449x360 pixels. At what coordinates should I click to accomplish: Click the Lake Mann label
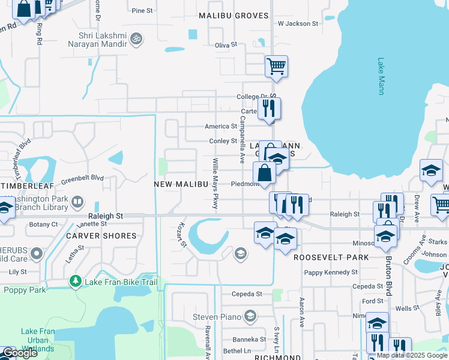tap(381, 76)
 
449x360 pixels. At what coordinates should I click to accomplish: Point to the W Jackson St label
tap(298, 23)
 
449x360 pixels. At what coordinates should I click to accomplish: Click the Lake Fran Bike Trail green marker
tap(76, 280)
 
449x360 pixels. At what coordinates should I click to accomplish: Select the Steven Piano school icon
tap(250, 316)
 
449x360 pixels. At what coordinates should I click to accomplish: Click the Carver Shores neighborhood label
tap(101, 236)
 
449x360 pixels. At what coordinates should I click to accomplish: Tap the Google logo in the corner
tap(20, 353)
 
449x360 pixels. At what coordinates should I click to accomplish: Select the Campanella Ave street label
tap(243, 140)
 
